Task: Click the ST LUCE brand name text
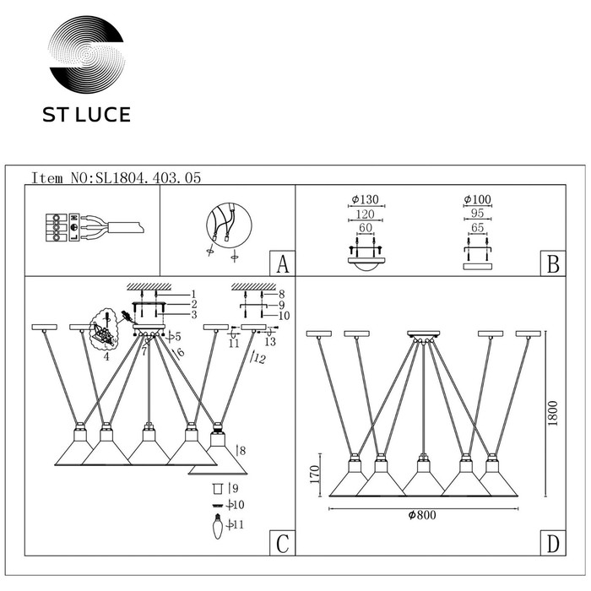click(86, 115)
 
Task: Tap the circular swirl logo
click(87, 55)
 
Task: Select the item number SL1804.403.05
click(149, 178)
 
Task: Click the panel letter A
click(283, 263)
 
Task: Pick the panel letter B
click(552, 263)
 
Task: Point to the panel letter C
click(283, 543)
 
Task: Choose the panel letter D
click(552, 543)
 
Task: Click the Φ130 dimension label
click(365, 199)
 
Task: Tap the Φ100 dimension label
click(478, 199)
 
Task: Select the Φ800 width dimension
click(422, 515)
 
